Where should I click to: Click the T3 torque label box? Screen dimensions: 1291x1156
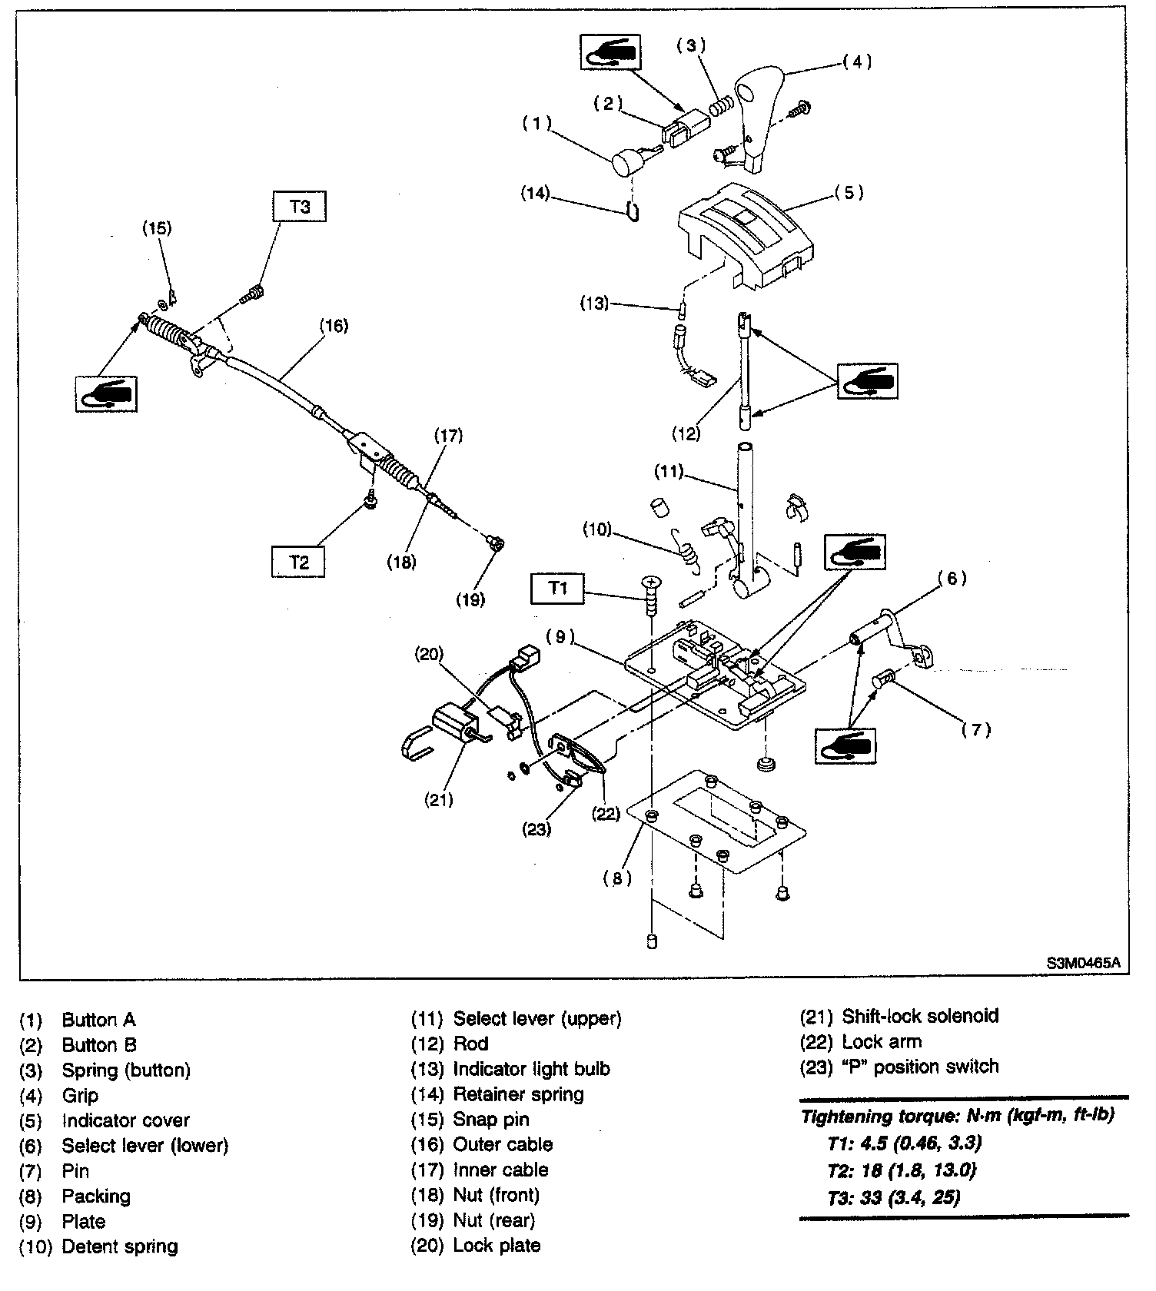click(x=300, y=207)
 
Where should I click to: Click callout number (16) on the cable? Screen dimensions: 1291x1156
click(x=334, y=325)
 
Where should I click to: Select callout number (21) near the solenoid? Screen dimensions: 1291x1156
click(x=439, y=800)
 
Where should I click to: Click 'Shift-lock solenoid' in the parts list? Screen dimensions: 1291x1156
click(x=920, y=1016)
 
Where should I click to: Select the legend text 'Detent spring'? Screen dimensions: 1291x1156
click(x=120, y=1246)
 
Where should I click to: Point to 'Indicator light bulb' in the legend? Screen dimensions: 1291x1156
click(x=531, y=1069)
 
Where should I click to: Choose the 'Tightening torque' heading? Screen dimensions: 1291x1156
click(x=958, y=1115)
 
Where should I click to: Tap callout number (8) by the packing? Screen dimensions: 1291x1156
click(x=617, y=878)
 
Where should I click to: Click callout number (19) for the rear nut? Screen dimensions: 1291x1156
click(x=470, y=599)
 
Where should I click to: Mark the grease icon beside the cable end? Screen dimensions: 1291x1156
click(x=106, y=393)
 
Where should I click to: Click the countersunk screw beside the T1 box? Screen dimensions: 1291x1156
click(x=651, y=595)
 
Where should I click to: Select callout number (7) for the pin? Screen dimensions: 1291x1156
click(x=976, y=730)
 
